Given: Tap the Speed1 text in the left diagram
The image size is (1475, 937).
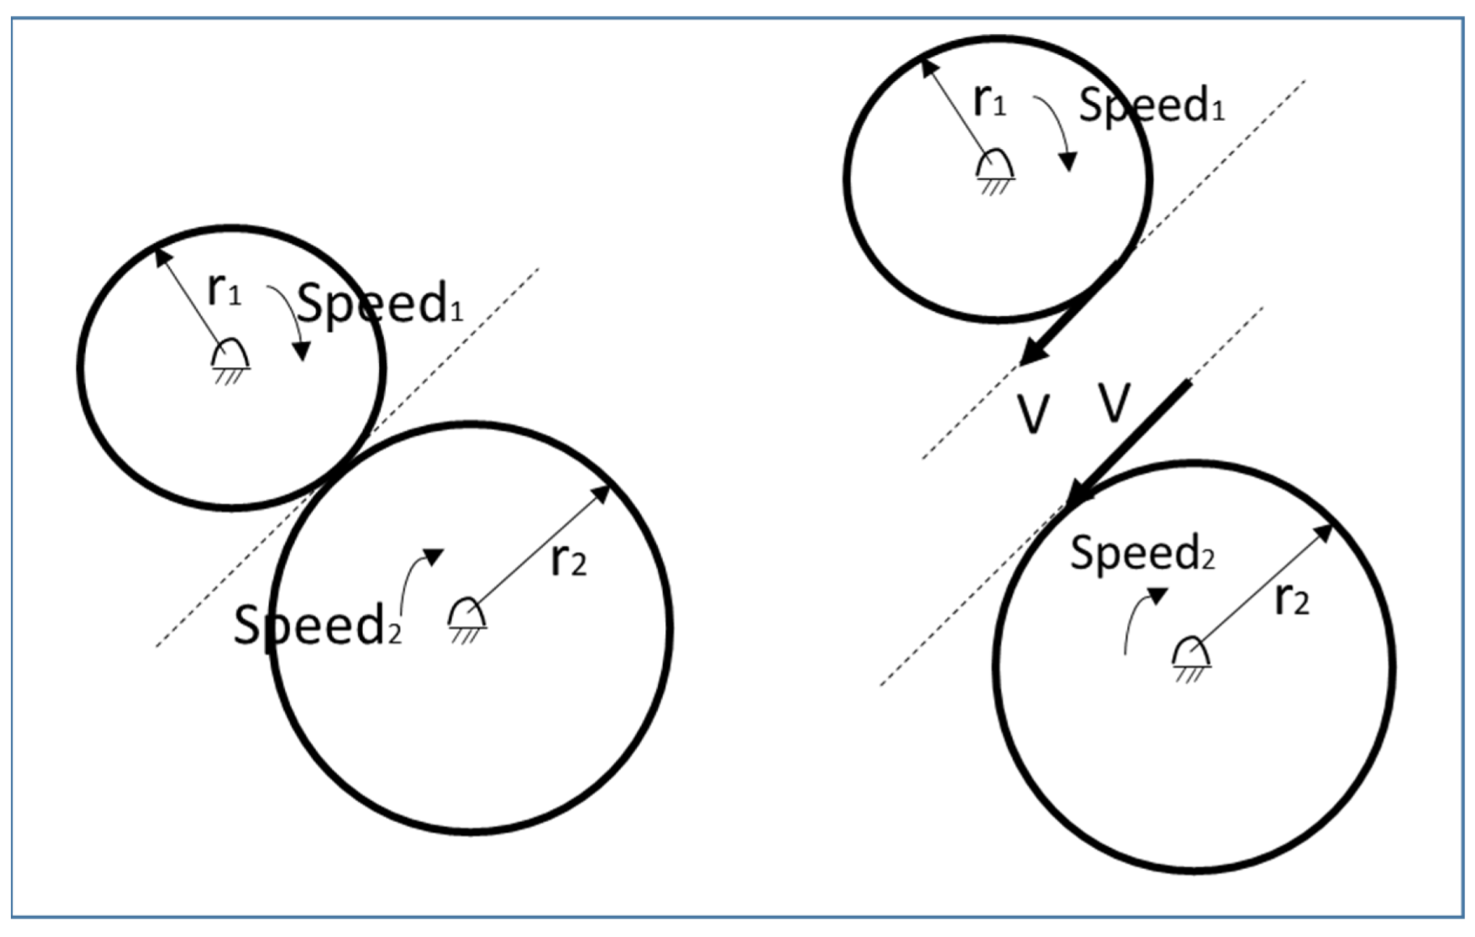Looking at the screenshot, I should tap(380, 303).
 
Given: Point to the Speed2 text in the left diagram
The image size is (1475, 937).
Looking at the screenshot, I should tap(317, 625).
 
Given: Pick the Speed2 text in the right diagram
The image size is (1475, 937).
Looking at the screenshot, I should tap(1142, 552).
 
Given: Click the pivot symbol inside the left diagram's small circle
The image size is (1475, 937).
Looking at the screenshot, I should tap(230, 358).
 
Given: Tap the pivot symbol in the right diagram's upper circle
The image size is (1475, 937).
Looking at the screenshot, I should tap(994, 167).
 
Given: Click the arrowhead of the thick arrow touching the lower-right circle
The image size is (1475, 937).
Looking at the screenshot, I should tap(1078, 493).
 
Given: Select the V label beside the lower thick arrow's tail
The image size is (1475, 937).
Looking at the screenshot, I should tap(1114, 402).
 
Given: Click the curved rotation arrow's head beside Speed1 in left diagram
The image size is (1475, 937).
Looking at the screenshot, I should tap(301, 353).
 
